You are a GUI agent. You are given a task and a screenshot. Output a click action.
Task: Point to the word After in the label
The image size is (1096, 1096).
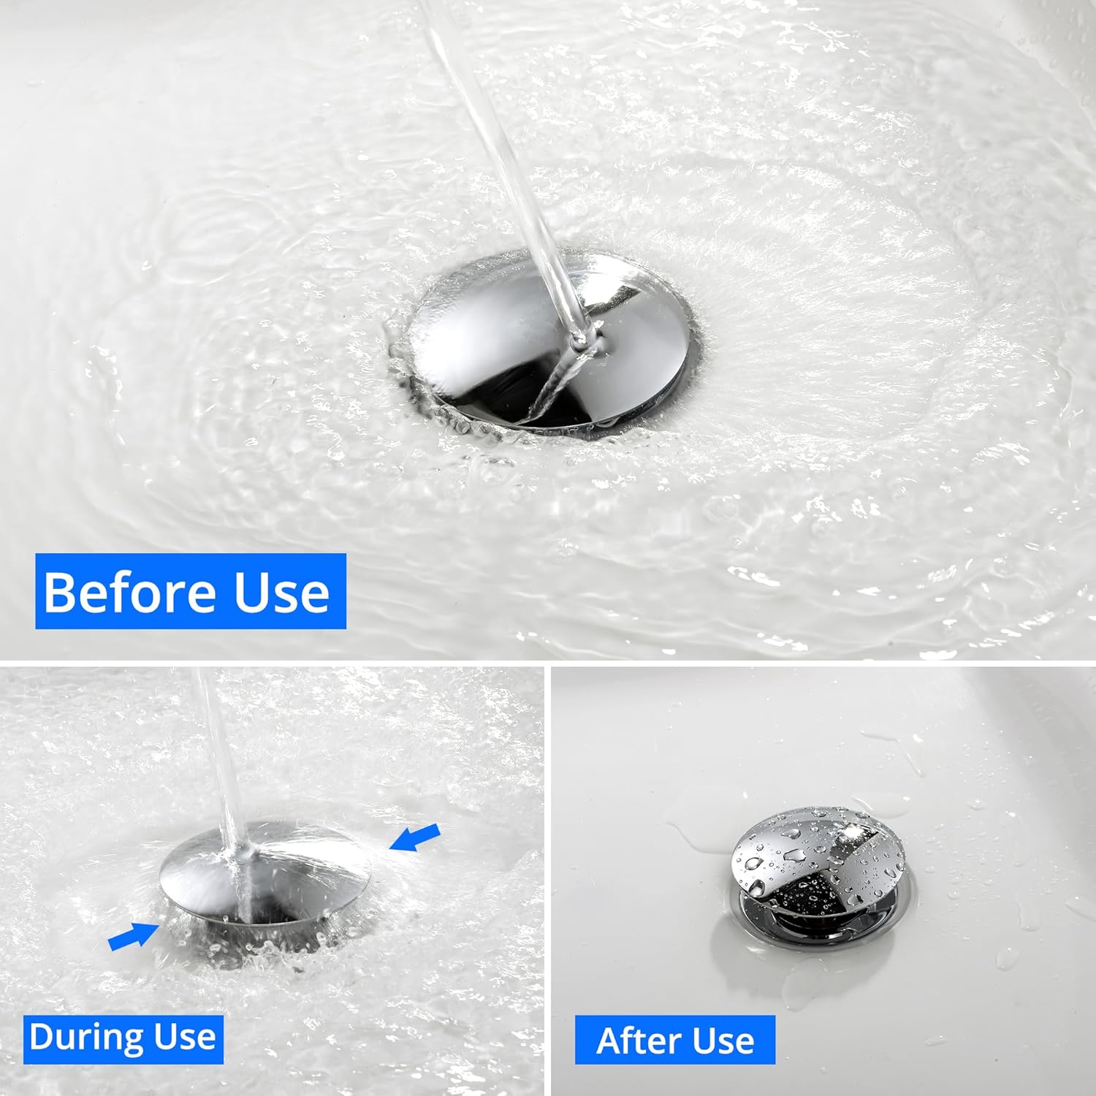click(633, 1040)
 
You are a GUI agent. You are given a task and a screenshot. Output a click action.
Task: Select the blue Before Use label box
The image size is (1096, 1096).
click(190, 591)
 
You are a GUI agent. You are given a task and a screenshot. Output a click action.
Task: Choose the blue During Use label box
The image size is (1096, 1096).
click(123, 1038)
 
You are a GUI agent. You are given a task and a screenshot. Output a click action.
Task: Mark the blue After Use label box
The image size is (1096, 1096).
click(674, 1040)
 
